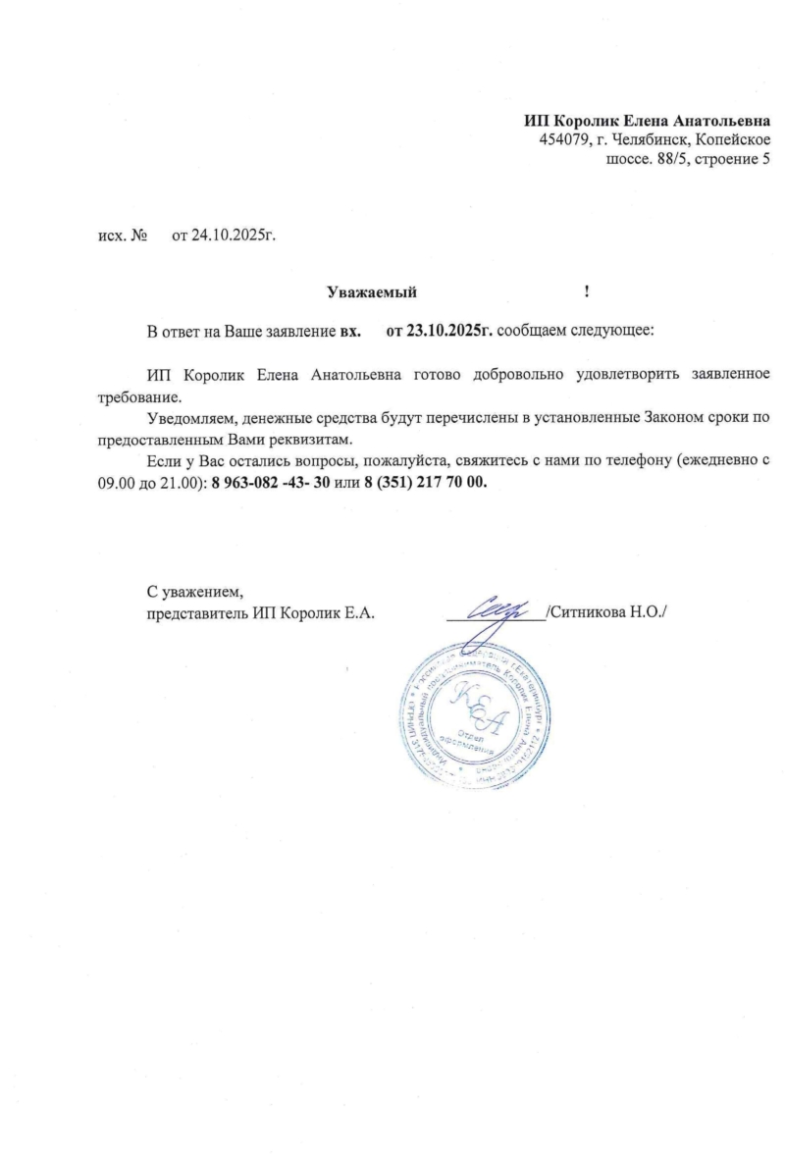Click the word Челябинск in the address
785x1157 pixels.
[x=652, y=139]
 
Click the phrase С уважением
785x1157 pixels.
[x=193, y=593]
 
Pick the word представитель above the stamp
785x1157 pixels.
[x=195, y=614]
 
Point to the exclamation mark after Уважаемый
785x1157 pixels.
[x=586, y=291]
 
